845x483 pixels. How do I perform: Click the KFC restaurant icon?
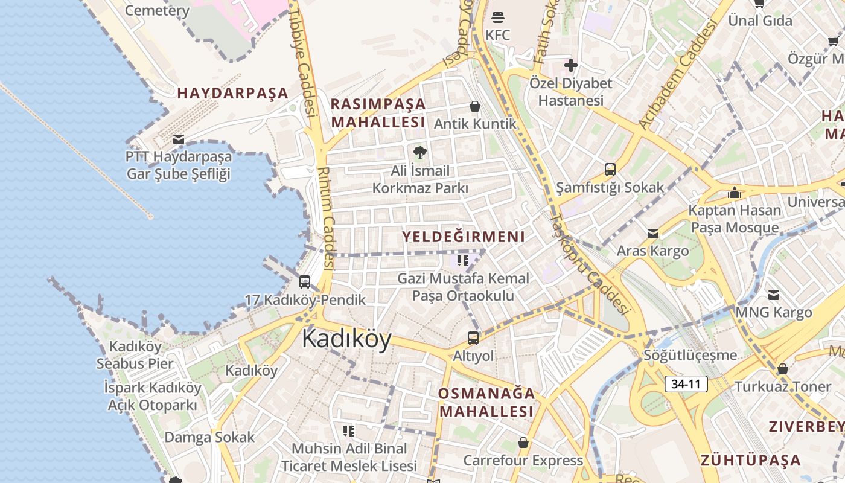pos(498,17)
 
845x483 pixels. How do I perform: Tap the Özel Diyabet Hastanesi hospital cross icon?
pos(570,65)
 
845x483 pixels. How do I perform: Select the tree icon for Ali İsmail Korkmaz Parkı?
pos(420,152)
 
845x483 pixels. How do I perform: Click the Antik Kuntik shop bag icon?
pos(475,107)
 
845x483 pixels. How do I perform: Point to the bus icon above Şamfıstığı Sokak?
pos(610,170)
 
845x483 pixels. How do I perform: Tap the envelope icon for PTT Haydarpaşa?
pos(179,139)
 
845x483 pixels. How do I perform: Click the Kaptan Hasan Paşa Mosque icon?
pos(735,193)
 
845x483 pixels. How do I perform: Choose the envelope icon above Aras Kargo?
pos(652,233)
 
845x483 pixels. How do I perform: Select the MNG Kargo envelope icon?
pos(774,295)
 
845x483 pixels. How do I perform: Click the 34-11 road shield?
pos(686,383)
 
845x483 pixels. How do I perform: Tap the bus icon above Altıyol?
pos(473,338)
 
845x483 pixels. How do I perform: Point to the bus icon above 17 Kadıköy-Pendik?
pos(305,282)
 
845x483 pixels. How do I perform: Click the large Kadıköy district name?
pos(346,339)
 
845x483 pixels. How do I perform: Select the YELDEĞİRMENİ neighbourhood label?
pos(464,237)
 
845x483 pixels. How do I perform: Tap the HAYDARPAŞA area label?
pos(232,94)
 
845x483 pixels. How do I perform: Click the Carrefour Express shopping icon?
pos(523,443)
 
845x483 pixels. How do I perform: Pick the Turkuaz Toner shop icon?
pos(783,368)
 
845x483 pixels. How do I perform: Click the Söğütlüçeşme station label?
pos(690,355)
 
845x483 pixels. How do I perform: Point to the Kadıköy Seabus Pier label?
pos(135,355)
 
